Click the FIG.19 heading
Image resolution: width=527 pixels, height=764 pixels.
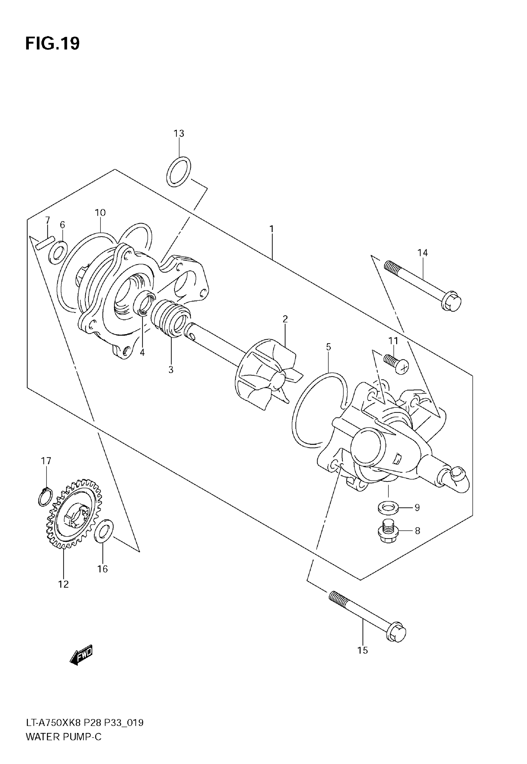pyautogui.click(x=52, y=44)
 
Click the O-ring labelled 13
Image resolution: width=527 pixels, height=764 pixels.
pyautogui.click(x=178, y=172)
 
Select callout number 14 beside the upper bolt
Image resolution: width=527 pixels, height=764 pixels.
pyautogui.click(x=422, y=253)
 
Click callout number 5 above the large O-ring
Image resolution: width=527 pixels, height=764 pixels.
pyautogui.click(x=328, y=347)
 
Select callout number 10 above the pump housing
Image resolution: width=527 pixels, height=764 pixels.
pyautogui.click(x=100, y=213)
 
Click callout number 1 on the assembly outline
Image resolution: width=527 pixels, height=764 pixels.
pyautogui.click(x=272, y=229)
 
